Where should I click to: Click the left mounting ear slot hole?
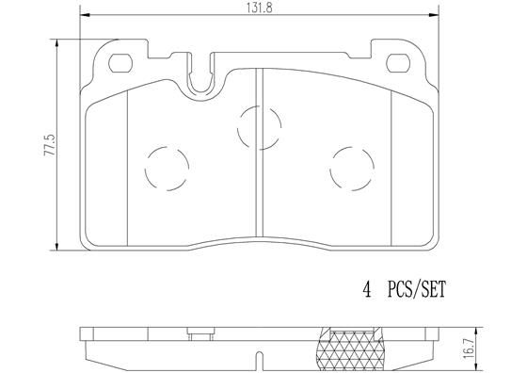point(121,65)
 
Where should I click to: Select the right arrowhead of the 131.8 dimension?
point(438,16)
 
